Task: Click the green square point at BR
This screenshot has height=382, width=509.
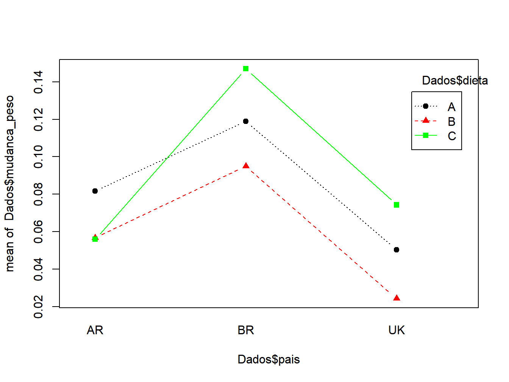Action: click(246, 69)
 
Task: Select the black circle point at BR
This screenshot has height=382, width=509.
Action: click(246, 121)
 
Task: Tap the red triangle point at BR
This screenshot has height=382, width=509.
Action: click(246, 166)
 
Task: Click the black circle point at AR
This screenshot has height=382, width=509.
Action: click(95, 191)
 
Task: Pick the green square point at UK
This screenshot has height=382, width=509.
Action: click(397, 205)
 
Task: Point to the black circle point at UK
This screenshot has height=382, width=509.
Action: click(397, 250)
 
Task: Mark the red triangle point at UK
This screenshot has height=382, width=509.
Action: click(397, 298)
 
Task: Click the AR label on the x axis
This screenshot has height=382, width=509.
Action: click(95, 330)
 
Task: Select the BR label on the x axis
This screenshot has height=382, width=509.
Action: click(246, 330)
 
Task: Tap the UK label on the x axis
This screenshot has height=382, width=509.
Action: click(397, 330)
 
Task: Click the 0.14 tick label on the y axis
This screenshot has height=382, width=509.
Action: click(38, 82)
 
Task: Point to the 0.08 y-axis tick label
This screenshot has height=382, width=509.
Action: click(38, 194)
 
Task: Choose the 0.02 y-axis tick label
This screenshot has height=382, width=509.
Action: click(38, 307)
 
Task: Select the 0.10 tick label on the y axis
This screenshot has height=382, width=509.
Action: click(38, 157)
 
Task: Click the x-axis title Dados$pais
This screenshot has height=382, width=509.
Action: click(269, 359)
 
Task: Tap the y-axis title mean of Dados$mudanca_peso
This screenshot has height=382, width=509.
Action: click(10, 183)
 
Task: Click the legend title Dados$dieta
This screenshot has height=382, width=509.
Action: click(455, 81)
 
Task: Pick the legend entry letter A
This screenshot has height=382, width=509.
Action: click(451, 107)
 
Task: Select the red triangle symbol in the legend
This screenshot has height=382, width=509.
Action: click(426, 121)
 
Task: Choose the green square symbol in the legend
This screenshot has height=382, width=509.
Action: click(426, 135)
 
